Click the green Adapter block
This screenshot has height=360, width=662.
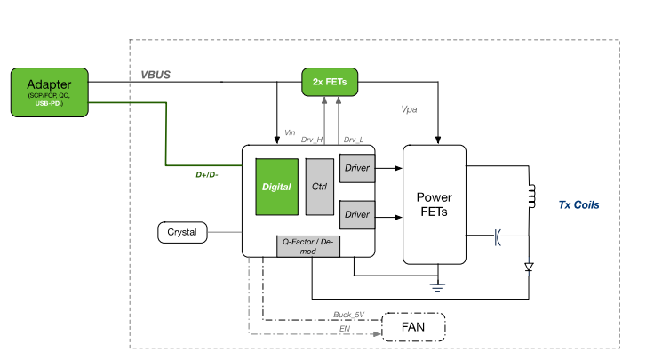tap(49, 92)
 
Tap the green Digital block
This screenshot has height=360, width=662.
tap(275, 188)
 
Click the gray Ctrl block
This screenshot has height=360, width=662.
tap(318, 188)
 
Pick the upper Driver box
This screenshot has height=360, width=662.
tap(357, 167)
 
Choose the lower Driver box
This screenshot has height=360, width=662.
tap(357, 214)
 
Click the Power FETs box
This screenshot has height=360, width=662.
tap(435, 204)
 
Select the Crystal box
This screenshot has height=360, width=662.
tap(182, 233)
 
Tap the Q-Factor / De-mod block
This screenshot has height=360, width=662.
tap(308, 247)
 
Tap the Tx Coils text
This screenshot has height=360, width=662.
tap(578, 204)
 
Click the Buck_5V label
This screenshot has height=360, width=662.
tap(348, 314)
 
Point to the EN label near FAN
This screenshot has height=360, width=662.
tap(345, 328)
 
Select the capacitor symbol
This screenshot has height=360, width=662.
tap(497, 236)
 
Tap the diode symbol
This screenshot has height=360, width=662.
tap(530, 266)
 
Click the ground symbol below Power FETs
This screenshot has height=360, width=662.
tap(435, 285)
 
